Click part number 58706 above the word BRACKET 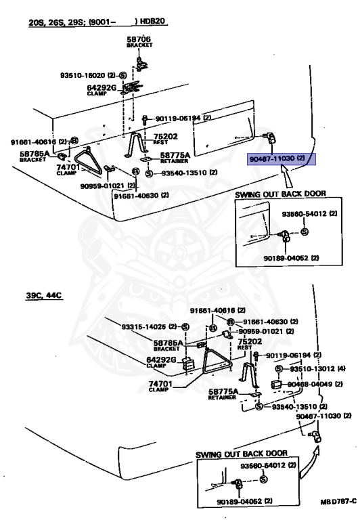click(x=139, y=39)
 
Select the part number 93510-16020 click(x=83, y=76)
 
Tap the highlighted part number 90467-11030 click(x=272, y=159)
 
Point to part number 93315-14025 click(x=143, y=327)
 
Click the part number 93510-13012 click(x=313, y=369)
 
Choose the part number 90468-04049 click(x=311, y=385)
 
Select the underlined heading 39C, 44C click(x=44, y=295)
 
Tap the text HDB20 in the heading click(x=152, y=21)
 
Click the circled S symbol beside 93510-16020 click(x=122, y=76)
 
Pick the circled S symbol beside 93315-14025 click(x=185, y=327)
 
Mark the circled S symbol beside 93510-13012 click(x=279, y=369)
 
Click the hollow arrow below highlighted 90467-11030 click(x=287, y=177)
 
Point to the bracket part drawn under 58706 click(x=141, y=64)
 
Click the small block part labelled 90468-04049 click(x=277, y=385)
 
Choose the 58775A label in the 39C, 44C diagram click(x=223, y=391)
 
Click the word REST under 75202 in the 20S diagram click(x=160, y=142)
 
